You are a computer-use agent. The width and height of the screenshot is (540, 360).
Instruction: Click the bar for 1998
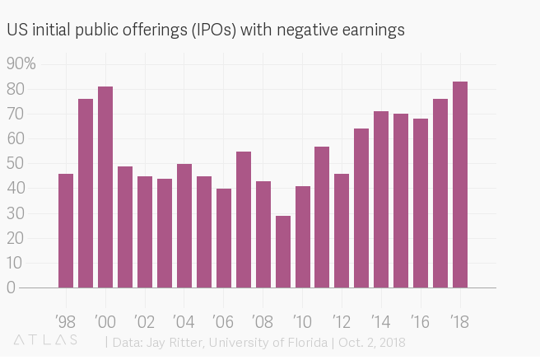66,231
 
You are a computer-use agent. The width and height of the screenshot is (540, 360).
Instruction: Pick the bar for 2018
460,185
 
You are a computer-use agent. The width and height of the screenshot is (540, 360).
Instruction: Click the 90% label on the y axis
21,64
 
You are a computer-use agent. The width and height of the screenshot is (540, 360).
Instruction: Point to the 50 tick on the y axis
14,164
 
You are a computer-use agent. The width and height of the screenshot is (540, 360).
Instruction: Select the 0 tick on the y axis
11,288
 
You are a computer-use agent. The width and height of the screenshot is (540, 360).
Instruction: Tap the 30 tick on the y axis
14,213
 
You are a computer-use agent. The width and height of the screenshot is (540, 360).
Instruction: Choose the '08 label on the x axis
262,321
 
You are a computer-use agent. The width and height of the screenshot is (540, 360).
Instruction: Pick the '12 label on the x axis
340,321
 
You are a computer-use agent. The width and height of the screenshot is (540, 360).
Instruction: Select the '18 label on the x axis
459,321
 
